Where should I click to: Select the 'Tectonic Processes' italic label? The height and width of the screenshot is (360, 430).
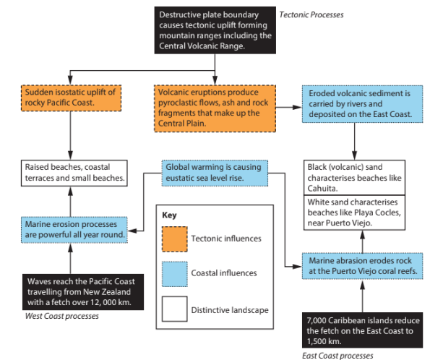[311, 14]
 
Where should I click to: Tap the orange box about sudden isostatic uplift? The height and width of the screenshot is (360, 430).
[70, 98]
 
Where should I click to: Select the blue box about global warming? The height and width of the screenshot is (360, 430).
[212, 172]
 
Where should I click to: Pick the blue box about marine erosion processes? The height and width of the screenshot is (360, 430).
[74, 229]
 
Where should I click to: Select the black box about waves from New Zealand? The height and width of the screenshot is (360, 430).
[79, 291]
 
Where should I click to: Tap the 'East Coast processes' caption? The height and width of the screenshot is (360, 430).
[338, 356]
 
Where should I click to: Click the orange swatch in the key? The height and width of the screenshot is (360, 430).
[175, 238]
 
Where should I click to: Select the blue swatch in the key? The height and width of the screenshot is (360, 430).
[175, 273]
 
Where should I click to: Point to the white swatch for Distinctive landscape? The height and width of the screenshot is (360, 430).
[175, 309]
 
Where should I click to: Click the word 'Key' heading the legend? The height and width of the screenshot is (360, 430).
[169, 215]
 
